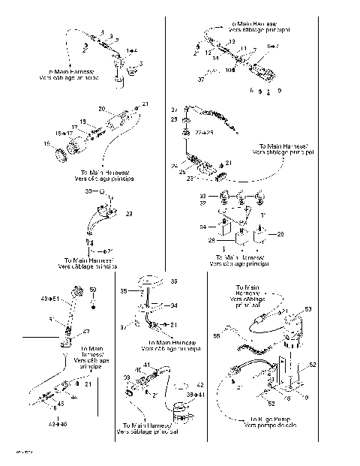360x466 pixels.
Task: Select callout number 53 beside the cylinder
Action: pyautogui.click(x=308, y=309)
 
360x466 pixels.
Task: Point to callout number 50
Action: pyautogui.click(x=94, y=290)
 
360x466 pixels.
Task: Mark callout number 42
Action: pyautogui.click(x=199, y=384)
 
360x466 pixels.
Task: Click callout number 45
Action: pyautogui.click(x=61, y=404)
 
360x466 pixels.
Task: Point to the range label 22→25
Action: pyautogui.click(x=204, y=133)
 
